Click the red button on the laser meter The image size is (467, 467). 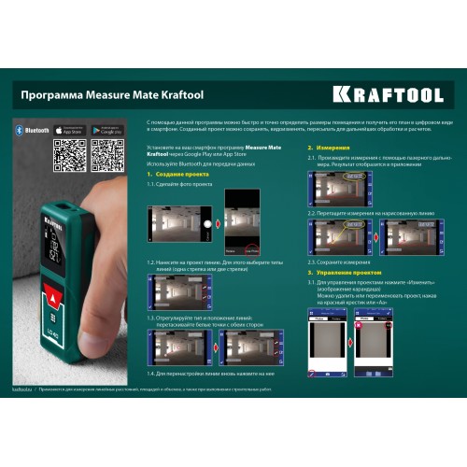click(53, 298)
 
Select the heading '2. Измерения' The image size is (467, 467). click(324, 148)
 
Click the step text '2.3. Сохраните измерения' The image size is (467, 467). click(339, 262)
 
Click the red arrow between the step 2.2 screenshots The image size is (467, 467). click(379, 236)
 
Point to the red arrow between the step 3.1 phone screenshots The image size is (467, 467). click(349, 337)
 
